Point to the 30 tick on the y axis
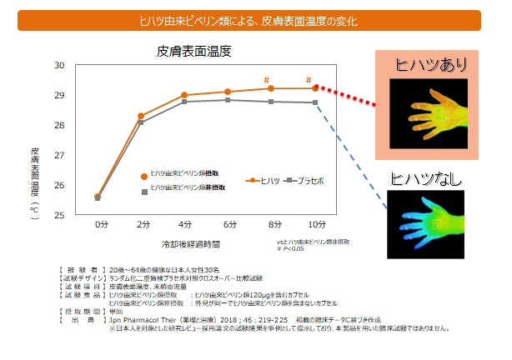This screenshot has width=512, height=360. tap(59, 65)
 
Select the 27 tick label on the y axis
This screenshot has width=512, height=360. tap(59, 155)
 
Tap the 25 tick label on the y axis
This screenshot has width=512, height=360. tap(59, 215)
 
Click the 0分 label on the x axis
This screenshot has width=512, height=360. tap(100, 225)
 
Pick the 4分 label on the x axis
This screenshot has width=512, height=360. tap(183, 225)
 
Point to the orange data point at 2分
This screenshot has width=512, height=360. tap(140, 116)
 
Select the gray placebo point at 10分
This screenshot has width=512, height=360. tap(314, 102)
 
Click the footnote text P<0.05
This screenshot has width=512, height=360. tap(294, 247)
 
